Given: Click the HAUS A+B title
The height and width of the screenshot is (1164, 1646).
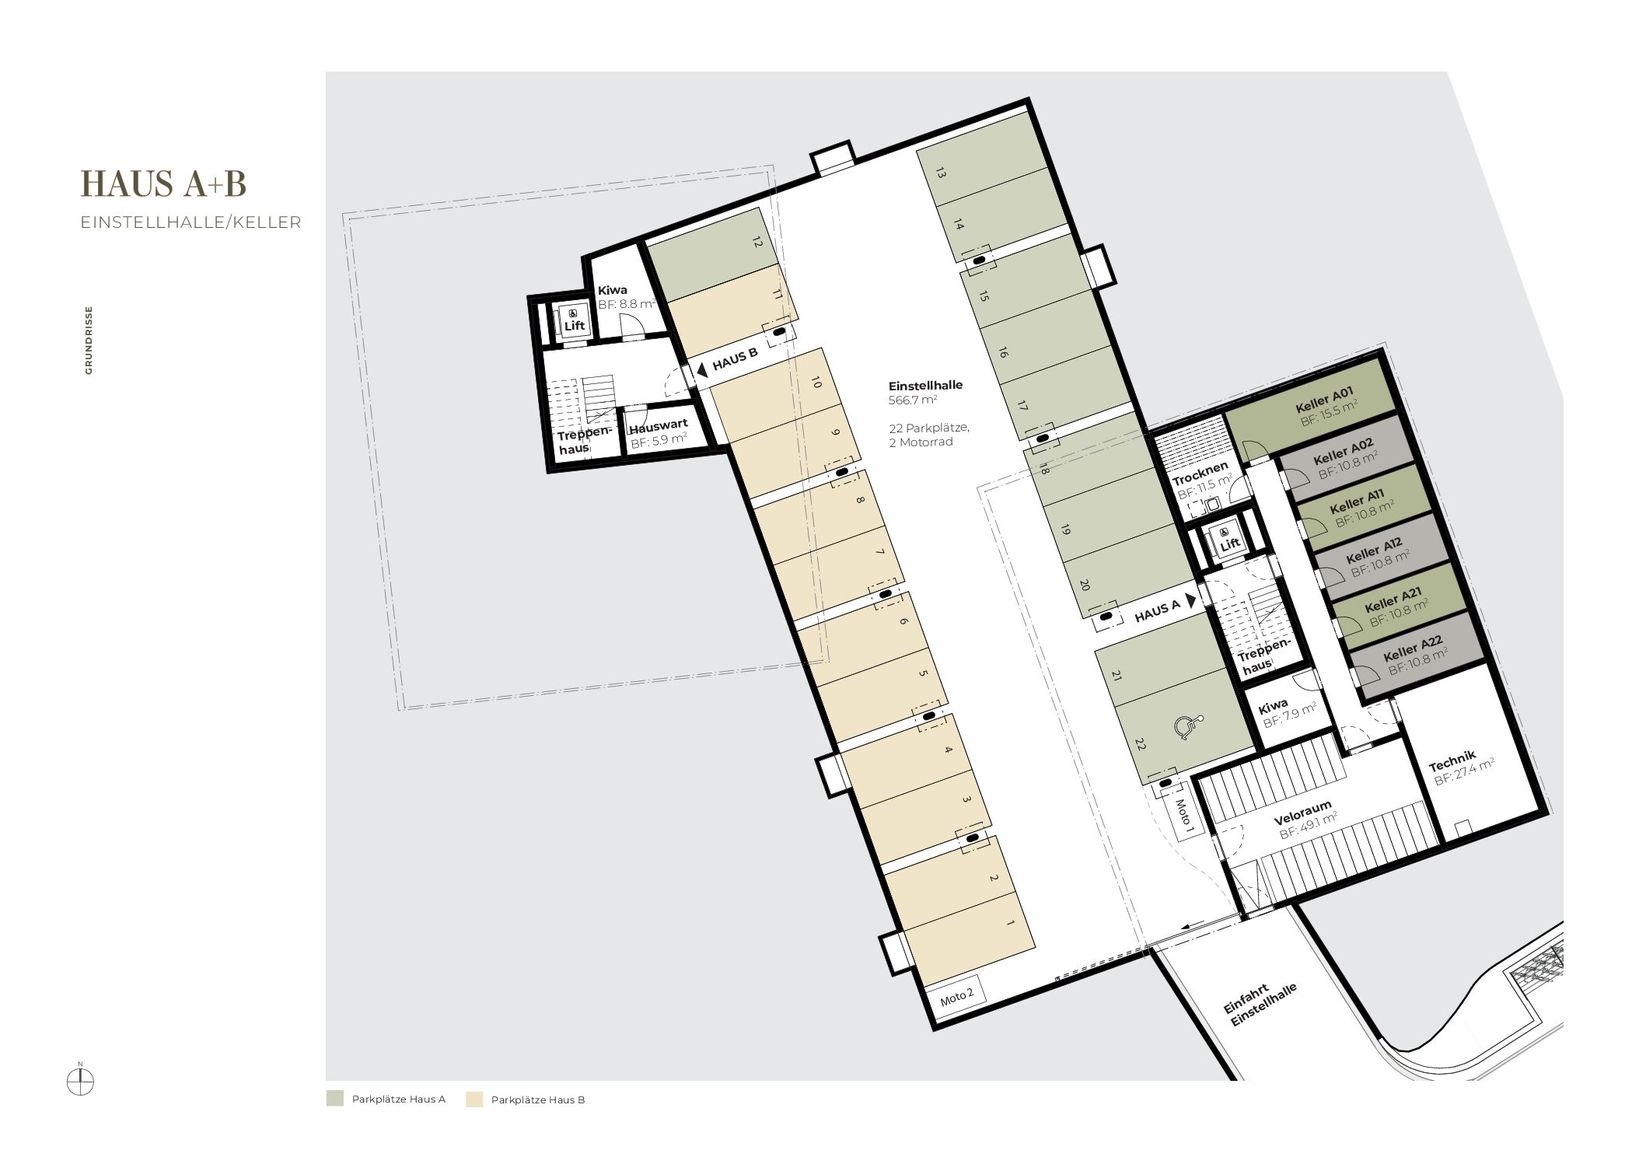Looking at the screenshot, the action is (163, 184).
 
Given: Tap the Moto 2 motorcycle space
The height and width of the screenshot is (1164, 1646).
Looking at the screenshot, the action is (957, 996).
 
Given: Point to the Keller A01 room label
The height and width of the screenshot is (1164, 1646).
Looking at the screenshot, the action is (1325, 399).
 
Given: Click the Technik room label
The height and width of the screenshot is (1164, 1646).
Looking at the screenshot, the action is (1452, 760).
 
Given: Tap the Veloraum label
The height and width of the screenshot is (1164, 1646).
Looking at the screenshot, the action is (1302, 812).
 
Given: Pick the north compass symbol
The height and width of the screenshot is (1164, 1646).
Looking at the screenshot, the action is (80, 1081).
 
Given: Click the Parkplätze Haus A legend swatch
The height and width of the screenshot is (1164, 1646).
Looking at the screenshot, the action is (334, 1099).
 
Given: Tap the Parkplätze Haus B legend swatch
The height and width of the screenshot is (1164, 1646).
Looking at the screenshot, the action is (474, 1099).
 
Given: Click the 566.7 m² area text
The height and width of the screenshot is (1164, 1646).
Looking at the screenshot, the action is (913, 400).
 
